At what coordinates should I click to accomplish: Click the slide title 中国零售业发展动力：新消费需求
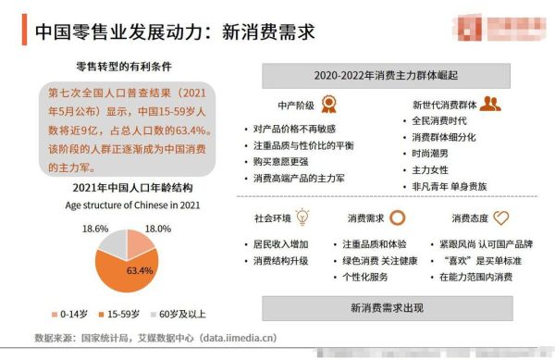[x=175, y=32]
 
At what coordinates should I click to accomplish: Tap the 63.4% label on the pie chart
[x=140, y=270]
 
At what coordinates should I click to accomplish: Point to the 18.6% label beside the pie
[x=96, y=228]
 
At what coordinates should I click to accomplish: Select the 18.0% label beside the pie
[x=159, y=228]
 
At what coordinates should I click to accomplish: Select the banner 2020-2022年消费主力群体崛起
[x=386, y=74]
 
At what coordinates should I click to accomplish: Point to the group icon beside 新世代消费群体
[x=490, y=104]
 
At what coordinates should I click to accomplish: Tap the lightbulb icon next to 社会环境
[x=304, y=218]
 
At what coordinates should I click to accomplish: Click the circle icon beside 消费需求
[x=397, y=218]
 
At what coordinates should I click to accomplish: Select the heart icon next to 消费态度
[x=500, y=218]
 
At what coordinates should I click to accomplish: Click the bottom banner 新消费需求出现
[x=386, y=307]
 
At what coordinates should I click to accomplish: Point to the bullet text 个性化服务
[x=370, y=277]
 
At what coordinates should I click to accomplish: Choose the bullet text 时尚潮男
[x=432, y=153]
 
